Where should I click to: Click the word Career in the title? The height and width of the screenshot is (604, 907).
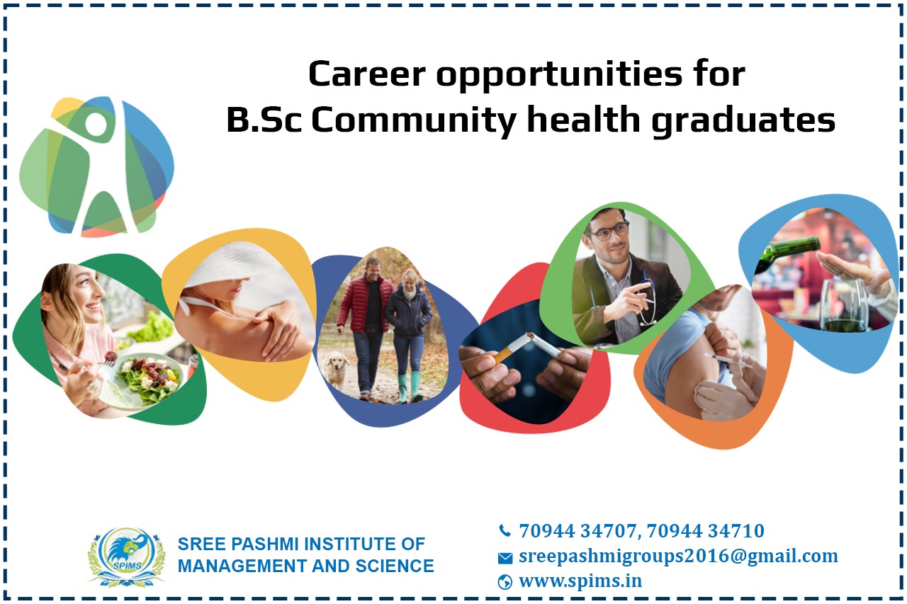[x=366, y=74]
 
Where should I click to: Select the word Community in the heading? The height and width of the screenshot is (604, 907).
[x=413, y=120]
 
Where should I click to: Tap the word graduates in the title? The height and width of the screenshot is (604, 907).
[x=743, y=120]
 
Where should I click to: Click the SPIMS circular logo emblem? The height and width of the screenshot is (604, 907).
[x=127, y=557]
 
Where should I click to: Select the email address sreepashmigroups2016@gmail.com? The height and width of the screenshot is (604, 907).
[x=678, y=557]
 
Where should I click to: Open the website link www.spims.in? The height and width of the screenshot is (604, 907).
[x=580, y=581]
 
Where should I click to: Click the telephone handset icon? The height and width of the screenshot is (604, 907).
[x=505, y=531]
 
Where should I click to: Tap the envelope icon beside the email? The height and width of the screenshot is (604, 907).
[x=505, y=558]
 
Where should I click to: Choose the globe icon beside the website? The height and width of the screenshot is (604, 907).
[x=505, y=582]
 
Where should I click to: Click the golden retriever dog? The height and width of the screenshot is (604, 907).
[x=337, y=370]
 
